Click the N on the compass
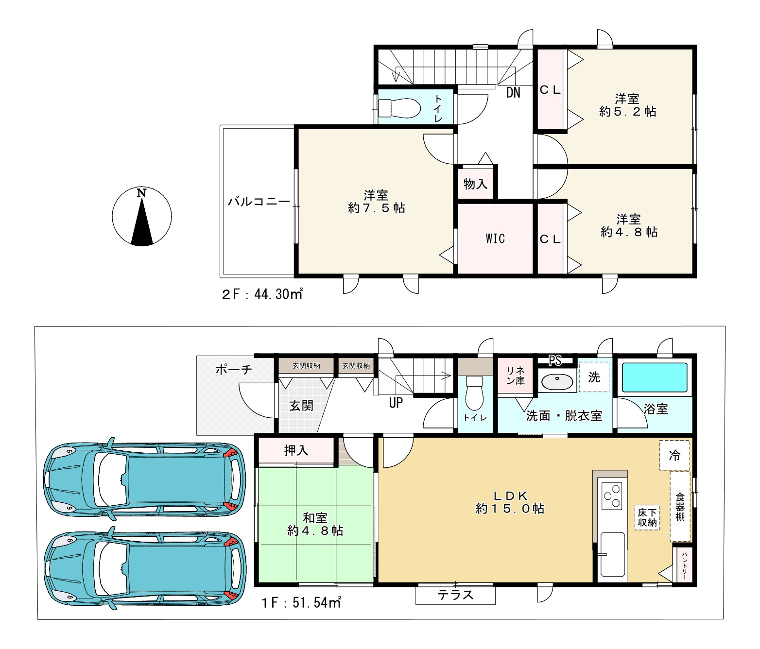point(141,193)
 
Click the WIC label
point(495,239)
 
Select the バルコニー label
point(259,202)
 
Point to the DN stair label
point(513,93)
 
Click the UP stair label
point(396,403)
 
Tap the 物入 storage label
point(475,183)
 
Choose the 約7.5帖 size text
point(377,208)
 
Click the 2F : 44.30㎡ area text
point(262,294)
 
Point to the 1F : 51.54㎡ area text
point(301,603)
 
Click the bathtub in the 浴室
point(655,378)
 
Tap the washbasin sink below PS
point(557,380)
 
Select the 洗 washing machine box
point(594,377)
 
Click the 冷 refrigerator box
point(674,455)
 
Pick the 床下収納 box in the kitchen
point(647,518)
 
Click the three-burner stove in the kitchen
point(612,496)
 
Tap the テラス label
point(455,595)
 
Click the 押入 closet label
point(296,450)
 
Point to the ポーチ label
point(234,369)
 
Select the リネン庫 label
point(516,376)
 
